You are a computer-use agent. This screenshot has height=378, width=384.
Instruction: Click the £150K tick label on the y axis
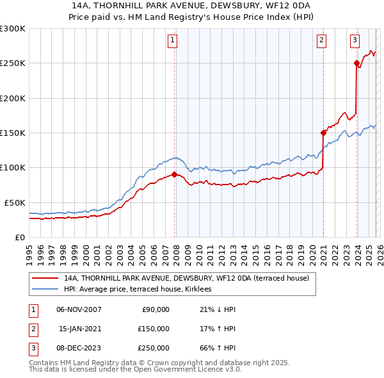click(12, 133)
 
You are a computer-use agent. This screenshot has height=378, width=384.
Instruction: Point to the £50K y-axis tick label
click(14, 202)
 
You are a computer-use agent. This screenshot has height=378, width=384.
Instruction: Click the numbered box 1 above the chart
click(173, 41)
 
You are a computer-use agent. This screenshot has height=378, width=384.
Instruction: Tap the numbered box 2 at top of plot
click(321, 41)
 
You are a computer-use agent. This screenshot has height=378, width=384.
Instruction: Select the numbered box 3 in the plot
click(355, 41)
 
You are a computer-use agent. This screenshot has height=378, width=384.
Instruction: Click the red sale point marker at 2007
click(174, 174)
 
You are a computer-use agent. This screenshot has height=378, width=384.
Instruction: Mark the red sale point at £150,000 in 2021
click(323, 133)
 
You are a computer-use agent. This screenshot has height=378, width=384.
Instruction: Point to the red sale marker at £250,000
click(356, 63)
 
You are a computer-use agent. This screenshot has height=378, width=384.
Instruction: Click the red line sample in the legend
click(45, 278)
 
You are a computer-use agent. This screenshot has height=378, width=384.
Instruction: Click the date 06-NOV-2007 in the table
click(79, 309)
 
